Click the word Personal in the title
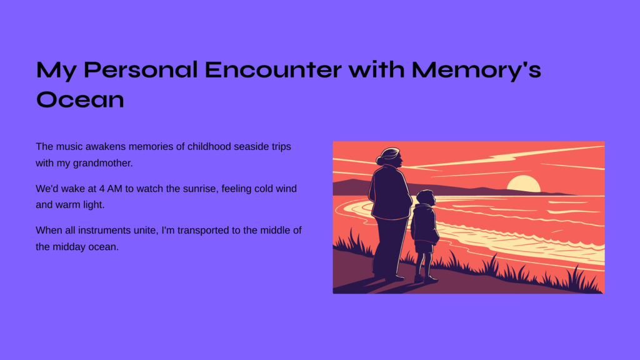141,69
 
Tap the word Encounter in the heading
273,69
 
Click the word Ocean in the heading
80,99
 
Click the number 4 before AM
102,189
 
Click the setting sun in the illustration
524,184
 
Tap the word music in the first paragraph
69,146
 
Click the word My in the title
56,71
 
